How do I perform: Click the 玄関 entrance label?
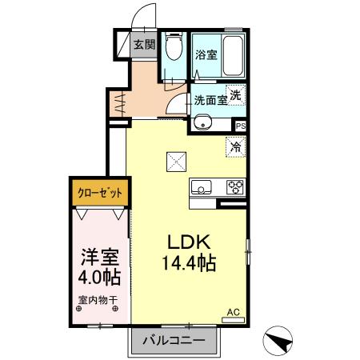[143, 46]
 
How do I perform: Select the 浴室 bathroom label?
[206, 55]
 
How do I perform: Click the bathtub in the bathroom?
[232, 54]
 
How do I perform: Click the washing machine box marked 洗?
[235, 94]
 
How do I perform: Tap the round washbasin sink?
[202, 123]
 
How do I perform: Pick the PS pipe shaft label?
[241, 125]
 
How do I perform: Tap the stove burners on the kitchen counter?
[235, 188]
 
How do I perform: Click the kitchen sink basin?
[200, 189]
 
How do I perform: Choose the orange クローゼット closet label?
[100, 193]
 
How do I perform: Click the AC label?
[234, 312]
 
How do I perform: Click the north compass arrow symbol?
[280, 340]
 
